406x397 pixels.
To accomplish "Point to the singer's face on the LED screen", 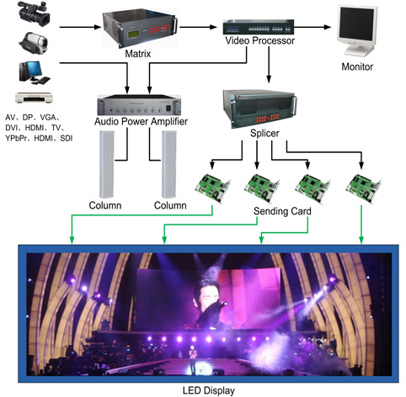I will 201,295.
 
